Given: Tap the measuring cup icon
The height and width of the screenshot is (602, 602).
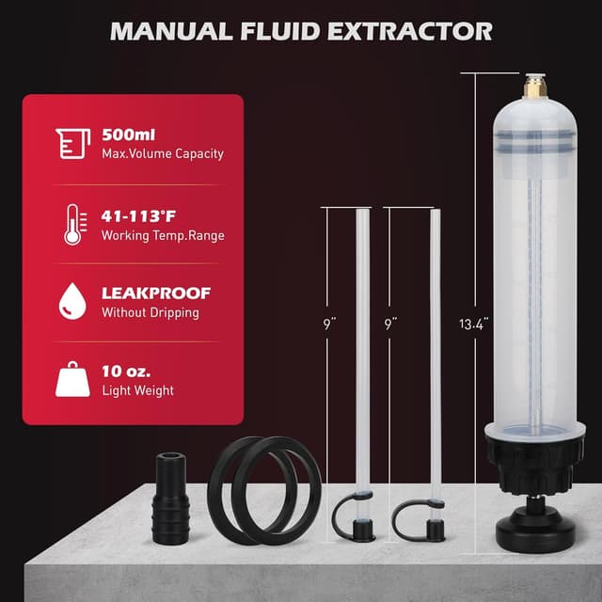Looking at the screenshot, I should [x=73, y=143].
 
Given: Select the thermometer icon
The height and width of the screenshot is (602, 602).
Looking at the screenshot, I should [x=72, y=225].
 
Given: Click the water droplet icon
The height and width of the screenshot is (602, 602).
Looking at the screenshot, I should [x=72, y=302].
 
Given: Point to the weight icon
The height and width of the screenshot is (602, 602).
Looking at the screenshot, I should [x=72, y=379].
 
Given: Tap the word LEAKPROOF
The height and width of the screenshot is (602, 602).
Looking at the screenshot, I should [x=155, y=293].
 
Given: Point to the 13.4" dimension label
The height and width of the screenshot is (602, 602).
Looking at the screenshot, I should [x=473, y=325].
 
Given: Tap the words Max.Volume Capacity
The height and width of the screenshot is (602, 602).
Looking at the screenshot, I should [x=162, y=153].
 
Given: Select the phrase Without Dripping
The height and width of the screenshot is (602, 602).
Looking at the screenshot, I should [x=150, y=313].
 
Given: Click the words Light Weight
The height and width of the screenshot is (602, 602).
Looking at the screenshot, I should [x=137, y=390].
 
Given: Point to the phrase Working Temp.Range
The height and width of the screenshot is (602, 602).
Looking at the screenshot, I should [x=162, y=235].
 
